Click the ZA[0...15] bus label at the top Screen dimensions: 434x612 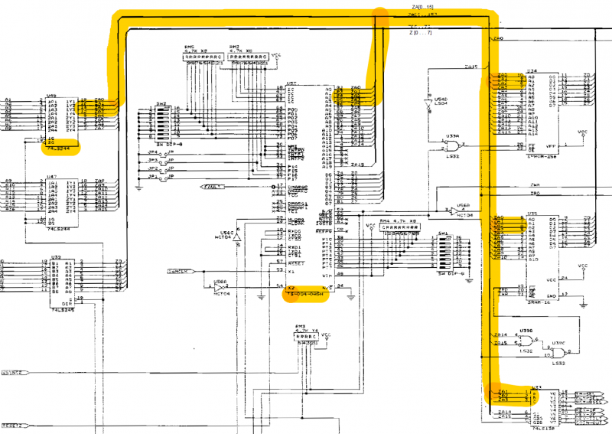[424, 7]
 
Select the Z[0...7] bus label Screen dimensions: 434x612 [420, 33]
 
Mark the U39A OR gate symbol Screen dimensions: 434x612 [457, 147]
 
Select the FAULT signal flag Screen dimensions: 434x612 [213, 186]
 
